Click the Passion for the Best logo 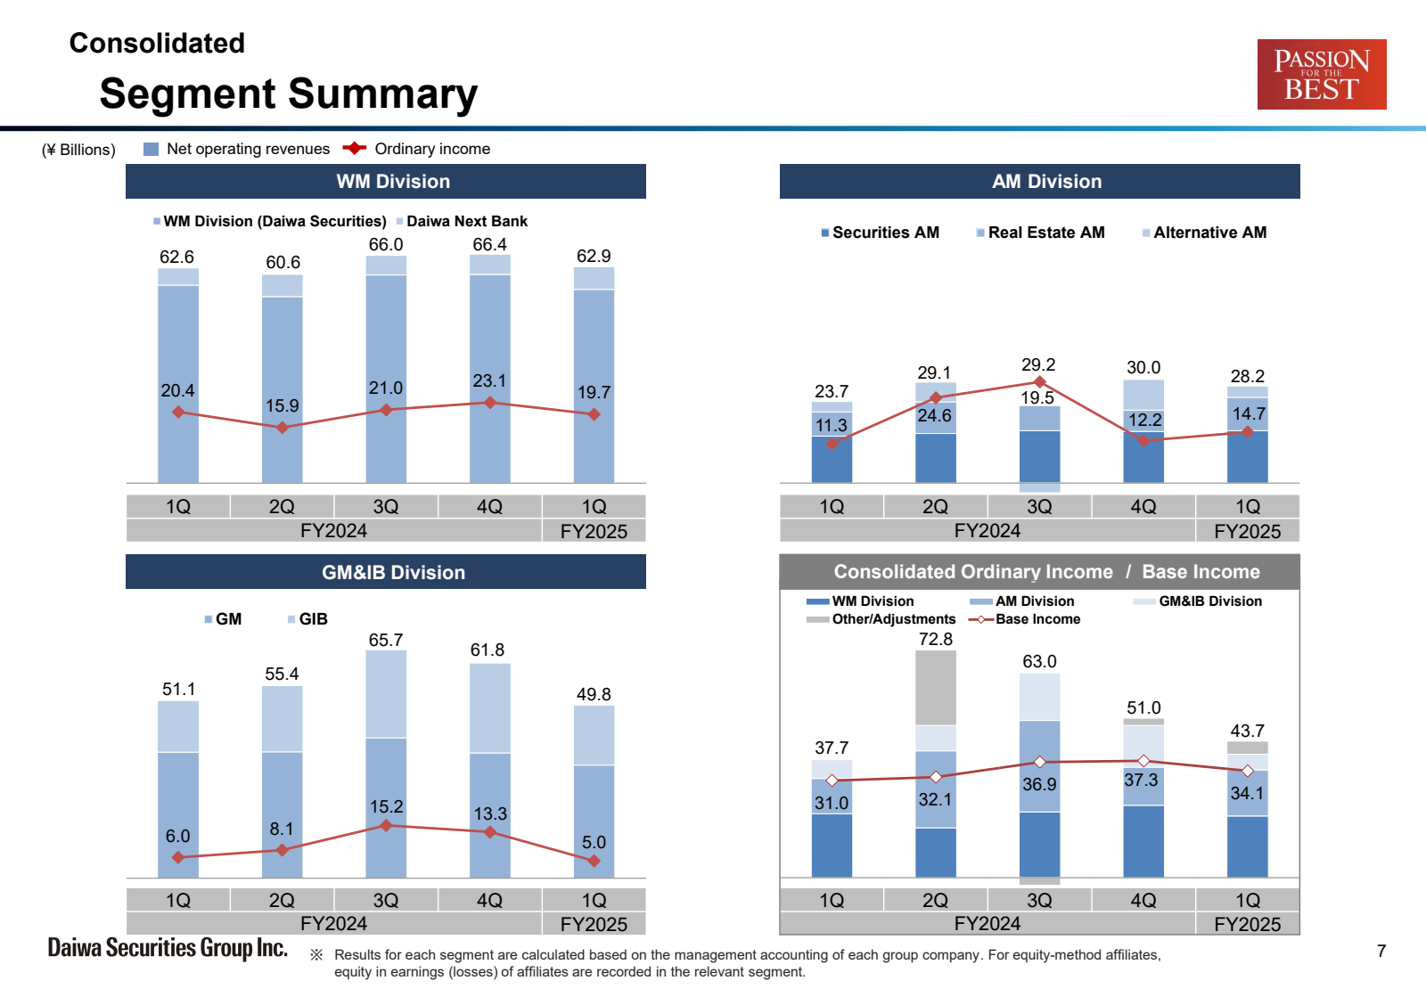(1321, 74)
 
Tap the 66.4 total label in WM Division (489, 244)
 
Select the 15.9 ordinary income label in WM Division (282, 405)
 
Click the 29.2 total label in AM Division (1038, 364)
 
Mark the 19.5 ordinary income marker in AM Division (1039, 382)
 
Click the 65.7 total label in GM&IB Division (386, 640)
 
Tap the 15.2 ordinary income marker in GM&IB (386, 826)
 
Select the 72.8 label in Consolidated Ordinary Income (936, 639)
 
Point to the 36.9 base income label (1039, 784)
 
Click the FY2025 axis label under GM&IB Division (594, 924)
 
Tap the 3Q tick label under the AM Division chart (1039, 506)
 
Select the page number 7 (1381, 951)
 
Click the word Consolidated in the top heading (157, 43)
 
